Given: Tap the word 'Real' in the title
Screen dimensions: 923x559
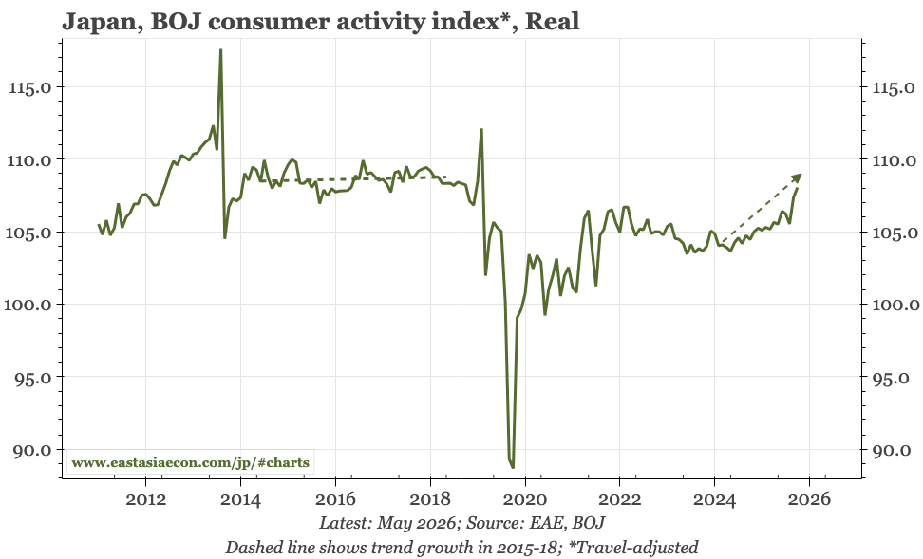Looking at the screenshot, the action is coord(552,21).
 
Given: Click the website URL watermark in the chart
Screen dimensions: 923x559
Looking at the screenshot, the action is coord(190,462).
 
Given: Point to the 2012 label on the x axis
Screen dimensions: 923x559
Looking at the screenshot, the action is coord(146,499).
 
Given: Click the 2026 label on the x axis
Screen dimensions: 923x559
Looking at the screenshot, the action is coord(810,499).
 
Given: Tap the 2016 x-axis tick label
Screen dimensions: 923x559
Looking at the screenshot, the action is coord(335,499).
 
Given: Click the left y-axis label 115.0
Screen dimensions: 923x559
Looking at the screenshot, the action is coord(30,87).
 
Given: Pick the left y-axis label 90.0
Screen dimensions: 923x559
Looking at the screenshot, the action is coord(33,450).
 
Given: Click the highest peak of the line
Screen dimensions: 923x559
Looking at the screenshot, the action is coord(220,50).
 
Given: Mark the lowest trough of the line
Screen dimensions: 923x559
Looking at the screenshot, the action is coord(513,467).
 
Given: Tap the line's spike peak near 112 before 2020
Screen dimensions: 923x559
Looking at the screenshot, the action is coord(481,129).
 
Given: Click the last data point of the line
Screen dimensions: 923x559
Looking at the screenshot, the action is coord(798,189).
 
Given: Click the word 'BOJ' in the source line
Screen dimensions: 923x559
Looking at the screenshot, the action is coord(588,523).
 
